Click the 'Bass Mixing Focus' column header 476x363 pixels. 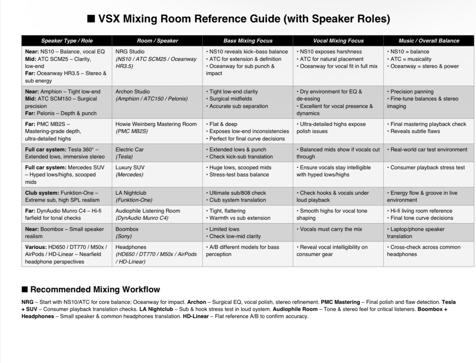(248, 41)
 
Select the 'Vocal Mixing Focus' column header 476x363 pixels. (338, 41)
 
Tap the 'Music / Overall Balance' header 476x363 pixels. (429, 41)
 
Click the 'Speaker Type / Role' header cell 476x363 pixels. (67, 41)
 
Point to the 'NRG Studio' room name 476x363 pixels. (130, 52)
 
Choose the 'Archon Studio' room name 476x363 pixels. (132, 92)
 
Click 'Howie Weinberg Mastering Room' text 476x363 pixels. (156, 124)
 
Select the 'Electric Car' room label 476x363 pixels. (129, 150)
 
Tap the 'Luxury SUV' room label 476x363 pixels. (130, 167)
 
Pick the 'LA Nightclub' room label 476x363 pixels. (131, 193)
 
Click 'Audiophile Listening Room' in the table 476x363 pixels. (148, 211)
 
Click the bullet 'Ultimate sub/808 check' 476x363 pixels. (237, 193)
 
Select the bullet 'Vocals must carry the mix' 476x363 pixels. (331, 229)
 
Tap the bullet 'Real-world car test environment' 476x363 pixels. (428, 150)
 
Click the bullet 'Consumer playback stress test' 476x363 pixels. (427, 167)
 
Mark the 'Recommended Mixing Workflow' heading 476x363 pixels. (95, 289)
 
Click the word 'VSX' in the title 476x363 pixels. (109, 19)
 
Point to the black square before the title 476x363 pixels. (91, 19)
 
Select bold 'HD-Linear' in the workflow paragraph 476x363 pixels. (196, 316)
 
